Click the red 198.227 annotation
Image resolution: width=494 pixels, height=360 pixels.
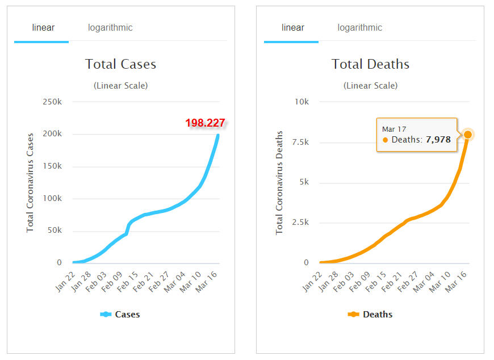205,123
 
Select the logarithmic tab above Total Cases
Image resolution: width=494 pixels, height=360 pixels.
110,28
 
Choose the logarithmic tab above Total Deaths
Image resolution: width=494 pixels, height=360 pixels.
360,28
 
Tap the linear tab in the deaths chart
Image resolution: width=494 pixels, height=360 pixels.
293,28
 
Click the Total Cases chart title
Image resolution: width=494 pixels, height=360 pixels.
120,64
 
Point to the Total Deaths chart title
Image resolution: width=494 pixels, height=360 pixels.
370,64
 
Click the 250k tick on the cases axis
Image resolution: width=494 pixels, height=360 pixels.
52,102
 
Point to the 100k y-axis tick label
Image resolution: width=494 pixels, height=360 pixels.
52,199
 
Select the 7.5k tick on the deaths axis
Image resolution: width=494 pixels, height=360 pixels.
300,143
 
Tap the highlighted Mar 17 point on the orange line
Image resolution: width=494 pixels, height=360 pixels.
468,135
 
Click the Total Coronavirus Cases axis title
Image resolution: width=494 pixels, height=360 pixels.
31,183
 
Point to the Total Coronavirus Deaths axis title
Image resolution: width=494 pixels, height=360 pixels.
279,183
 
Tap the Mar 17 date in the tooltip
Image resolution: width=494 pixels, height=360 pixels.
394,129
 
